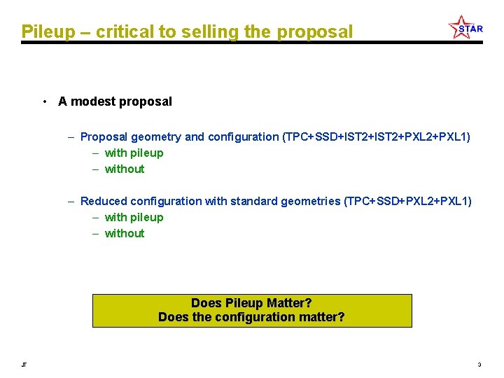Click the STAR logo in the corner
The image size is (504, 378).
465,28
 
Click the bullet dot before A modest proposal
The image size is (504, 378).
44,101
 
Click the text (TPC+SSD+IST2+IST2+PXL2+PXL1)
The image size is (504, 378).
376,136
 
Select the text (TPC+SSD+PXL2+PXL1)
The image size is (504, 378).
407,201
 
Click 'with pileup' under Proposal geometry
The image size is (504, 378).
134,153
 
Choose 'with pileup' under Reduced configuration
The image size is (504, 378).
134,217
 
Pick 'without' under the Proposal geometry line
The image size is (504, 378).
125,169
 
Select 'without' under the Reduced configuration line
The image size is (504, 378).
125,233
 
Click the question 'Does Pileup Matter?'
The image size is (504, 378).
251,303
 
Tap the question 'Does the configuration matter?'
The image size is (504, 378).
251,317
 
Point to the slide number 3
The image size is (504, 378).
479,365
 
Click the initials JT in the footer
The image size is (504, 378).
24,365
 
